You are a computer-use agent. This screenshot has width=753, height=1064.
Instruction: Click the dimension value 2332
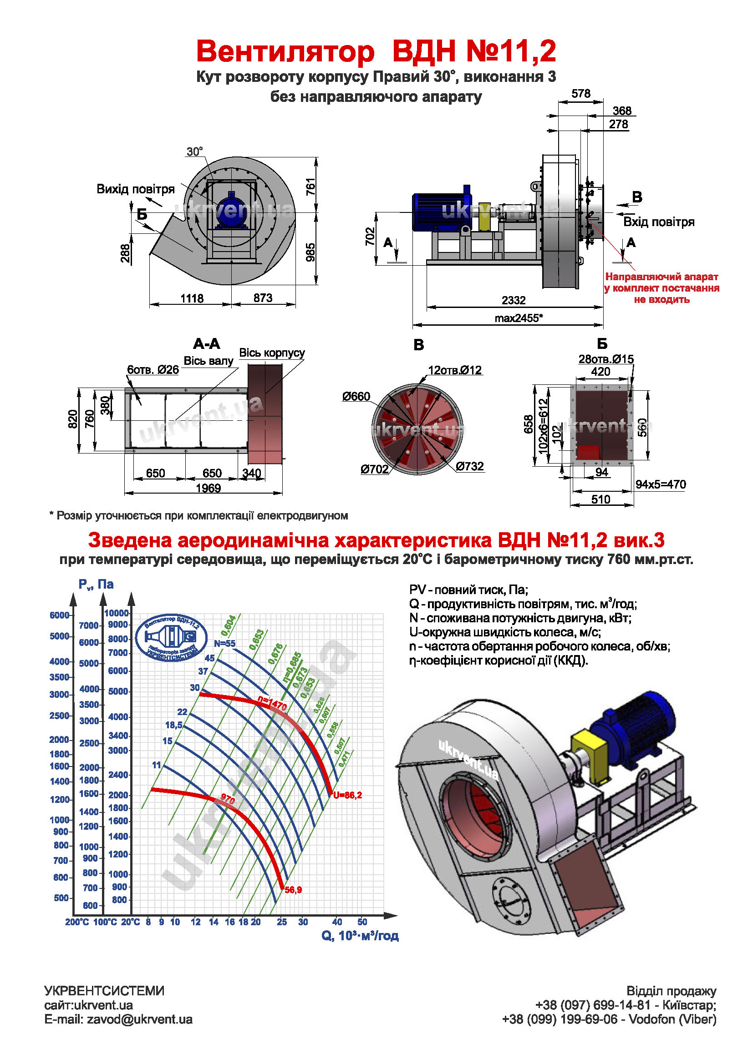point(513,300)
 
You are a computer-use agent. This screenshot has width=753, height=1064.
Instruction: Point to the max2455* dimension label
point(519,318)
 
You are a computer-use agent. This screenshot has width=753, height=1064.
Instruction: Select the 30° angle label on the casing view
point(195,151)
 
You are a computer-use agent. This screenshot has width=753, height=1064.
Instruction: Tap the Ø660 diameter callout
point(356,396)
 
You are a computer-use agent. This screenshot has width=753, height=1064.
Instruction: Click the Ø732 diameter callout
point(470,466)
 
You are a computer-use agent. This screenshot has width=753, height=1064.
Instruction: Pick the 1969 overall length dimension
point(208,488)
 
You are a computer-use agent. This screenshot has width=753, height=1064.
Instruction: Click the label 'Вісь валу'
point(208,361)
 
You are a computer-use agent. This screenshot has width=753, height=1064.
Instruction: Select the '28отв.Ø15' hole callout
point(606,359)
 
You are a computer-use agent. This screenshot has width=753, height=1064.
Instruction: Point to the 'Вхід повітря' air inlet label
point(658,222)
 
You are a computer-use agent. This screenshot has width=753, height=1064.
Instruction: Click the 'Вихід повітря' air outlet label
point(135,189)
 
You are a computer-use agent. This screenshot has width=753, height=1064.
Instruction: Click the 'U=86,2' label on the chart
point(347,795)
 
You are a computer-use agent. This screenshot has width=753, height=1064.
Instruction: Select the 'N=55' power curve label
point(224,643)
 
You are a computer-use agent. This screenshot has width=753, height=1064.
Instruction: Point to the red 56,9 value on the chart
point(293,890)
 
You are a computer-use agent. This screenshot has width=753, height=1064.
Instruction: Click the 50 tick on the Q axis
point(362,922)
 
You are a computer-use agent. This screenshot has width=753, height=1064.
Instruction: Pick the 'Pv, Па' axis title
point(96,585)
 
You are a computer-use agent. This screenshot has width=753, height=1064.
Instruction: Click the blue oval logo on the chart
point(171,638)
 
